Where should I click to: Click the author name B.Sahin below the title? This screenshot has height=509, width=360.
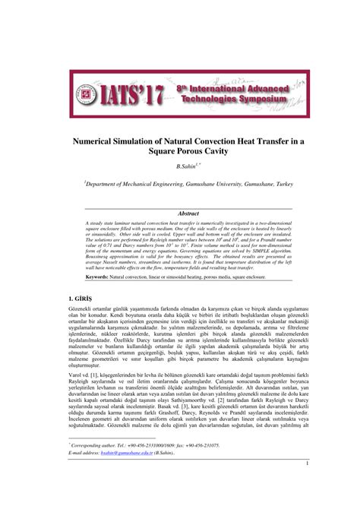[183, 166]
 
